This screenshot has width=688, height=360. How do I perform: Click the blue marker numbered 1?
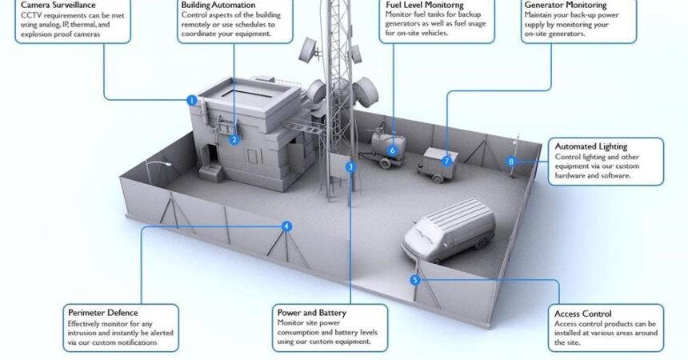[x=192, y=100]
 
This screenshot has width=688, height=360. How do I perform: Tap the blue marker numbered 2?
[x=234, y=139]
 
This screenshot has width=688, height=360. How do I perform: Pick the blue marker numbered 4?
[x=287, y=226]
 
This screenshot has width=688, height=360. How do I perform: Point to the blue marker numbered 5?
[x=414, y=280]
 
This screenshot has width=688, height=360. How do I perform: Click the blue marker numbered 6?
[x=393, y=150]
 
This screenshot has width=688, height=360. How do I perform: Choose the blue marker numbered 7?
[x=447, y=161]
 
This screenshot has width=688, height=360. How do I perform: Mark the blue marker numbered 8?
[x=511, y=162]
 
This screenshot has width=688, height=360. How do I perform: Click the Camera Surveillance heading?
[x=52, y=6]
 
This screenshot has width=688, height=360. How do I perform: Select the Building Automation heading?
[x=218, y=5]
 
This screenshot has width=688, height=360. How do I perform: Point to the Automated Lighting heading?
[x=590, y=146]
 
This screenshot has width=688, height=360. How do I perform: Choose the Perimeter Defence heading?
[x=102, y=312]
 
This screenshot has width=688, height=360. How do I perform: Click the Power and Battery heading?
[x=312, y=312]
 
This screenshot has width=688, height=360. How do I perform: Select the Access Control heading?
[x=583, y=314]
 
